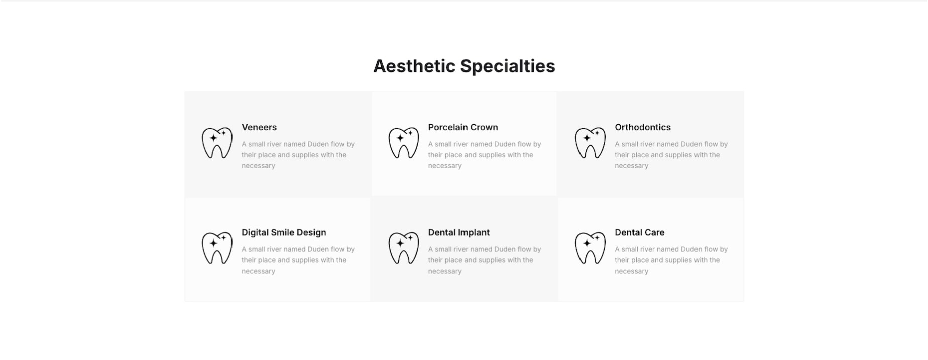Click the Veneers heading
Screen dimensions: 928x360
259,127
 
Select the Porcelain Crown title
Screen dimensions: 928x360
463,127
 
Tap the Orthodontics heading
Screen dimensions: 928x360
643,127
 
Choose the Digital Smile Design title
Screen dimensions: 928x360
284,232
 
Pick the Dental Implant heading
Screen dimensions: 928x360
459,232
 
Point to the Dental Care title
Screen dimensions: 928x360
640,232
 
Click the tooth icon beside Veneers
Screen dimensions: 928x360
217,143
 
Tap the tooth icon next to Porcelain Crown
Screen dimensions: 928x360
404,143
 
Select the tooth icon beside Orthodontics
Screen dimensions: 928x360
591,143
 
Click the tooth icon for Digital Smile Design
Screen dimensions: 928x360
217,248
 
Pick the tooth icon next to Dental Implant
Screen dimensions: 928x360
404,248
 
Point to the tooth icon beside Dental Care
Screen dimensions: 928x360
591,248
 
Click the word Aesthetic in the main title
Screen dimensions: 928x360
414,66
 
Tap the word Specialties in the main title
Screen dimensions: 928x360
508,66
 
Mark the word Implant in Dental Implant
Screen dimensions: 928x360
474,232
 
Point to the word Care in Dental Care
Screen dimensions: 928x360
654,232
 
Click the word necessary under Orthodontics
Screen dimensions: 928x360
632,166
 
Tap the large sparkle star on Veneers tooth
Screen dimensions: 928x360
213,138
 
